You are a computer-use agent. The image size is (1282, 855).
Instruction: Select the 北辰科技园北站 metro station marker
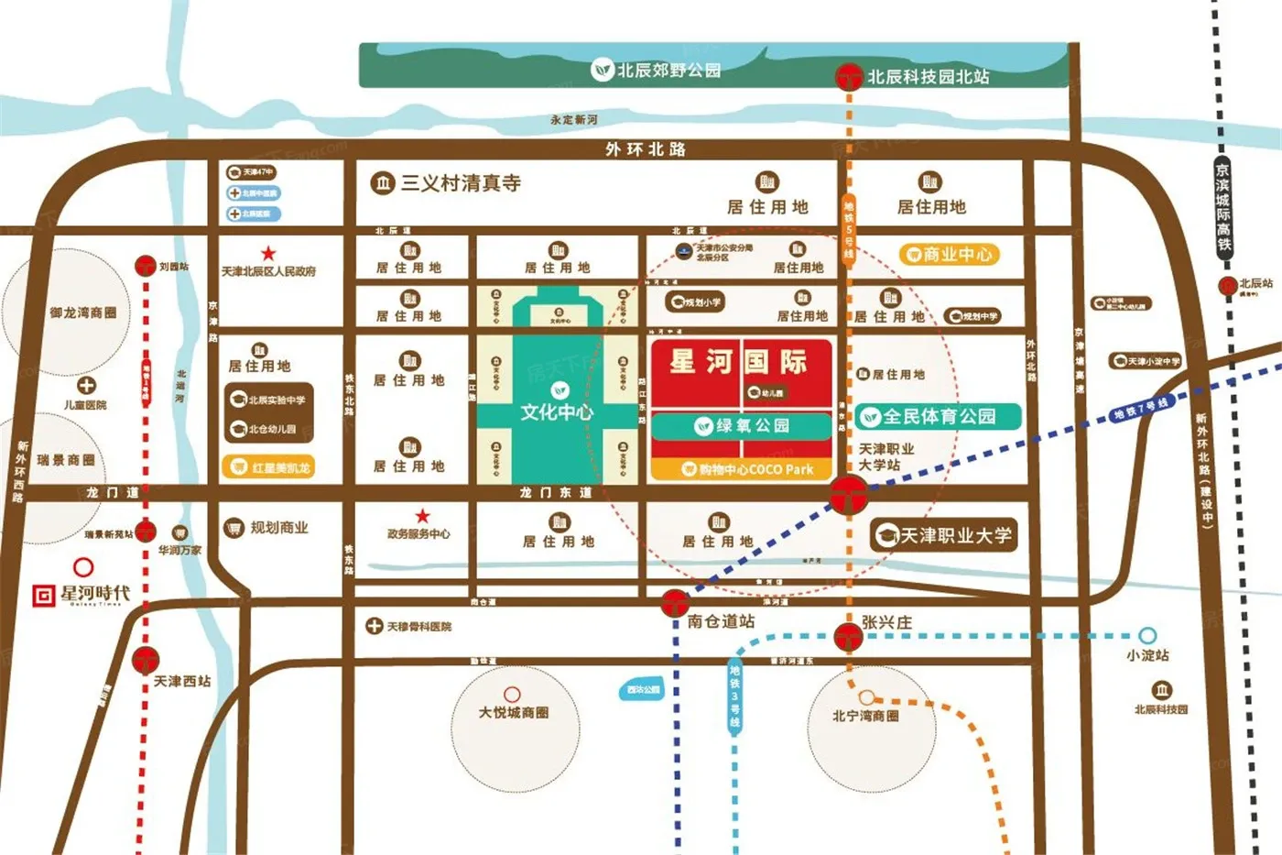(x=849, y=76)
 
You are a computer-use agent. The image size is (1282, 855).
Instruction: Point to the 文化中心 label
(x=557, y=412)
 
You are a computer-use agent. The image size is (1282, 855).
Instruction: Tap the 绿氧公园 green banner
(x=742, y=426)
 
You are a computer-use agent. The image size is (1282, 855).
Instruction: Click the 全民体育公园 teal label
(x=938, y=417)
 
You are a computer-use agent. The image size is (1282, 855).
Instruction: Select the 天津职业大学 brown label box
(x=943, y=535)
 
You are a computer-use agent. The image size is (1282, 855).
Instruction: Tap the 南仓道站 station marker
(x=675, y=603)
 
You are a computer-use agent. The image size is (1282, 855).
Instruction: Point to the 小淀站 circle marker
(x=1147, y=635)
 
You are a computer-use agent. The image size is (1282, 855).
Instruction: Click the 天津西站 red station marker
(x=146, y=660)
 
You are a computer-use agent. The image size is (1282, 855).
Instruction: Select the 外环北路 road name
(x=646, y=149)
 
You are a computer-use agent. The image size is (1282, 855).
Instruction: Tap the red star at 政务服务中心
(x=422, y=517)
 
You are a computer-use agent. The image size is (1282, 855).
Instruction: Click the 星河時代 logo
(x=82, y=595)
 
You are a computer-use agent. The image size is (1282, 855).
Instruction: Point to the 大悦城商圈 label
(x=514, y=712)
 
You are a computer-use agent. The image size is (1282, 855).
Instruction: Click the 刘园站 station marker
(x=145, y=267)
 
